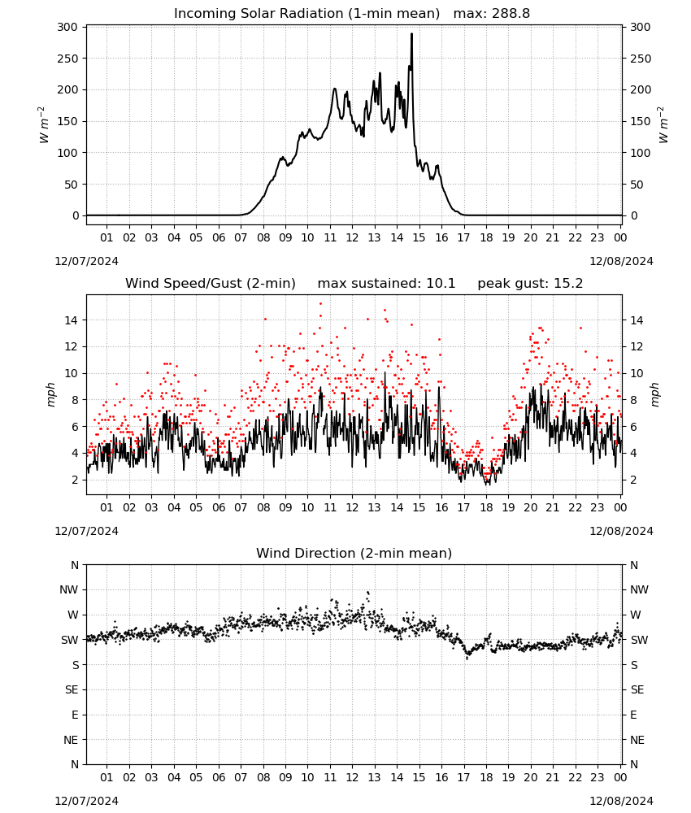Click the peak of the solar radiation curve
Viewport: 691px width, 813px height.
(411, 34)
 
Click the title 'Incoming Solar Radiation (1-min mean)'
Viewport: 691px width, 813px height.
(306, 14)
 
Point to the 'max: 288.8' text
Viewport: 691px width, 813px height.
(492, 14)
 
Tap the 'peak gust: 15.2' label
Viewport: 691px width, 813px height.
(530, 284)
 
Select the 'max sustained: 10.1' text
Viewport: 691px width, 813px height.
(386, 284)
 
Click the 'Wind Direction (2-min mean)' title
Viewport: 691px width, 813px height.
(354, 553)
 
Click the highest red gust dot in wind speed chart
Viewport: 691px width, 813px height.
(320, 304)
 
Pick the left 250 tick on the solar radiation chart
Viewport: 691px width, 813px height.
(68, 59)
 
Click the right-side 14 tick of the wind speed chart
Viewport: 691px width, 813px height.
(637, 320)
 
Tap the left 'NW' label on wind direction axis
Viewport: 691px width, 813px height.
(69, 590)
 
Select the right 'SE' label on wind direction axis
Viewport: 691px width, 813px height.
(637, 690)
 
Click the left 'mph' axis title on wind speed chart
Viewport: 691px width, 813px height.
(50, 394)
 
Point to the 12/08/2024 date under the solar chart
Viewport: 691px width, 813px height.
(622, 261)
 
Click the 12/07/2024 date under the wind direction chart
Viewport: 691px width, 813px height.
(86, 801)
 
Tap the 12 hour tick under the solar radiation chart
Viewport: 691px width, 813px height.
(352, 238)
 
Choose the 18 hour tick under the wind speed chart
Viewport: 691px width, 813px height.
(486, 507)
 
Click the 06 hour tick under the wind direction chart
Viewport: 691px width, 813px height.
(219, 778)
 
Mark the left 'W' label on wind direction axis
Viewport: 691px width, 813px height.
(73, 615)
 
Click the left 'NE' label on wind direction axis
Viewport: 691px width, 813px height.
(71, 741)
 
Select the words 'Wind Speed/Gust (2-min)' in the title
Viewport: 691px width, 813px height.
(211, 284)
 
